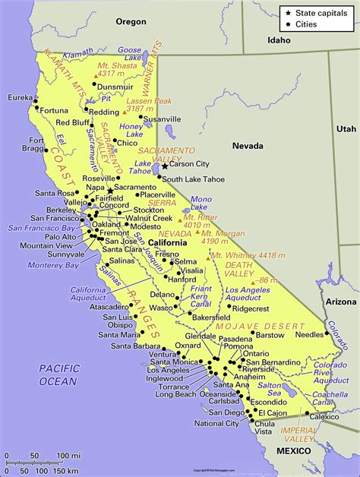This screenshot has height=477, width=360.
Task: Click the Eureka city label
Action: pos(17,98)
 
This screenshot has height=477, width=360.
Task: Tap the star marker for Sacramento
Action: pos(110,191)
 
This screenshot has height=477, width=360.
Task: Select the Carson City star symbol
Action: pos(165,166)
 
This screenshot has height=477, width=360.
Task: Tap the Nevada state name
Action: pos(248,145)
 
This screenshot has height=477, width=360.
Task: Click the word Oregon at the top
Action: pos(130,22)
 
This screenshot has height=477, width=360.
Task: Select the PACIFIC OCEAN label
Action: pos(58,374)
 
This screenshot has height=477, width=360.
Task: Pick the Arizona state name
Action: pos(342,302)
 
